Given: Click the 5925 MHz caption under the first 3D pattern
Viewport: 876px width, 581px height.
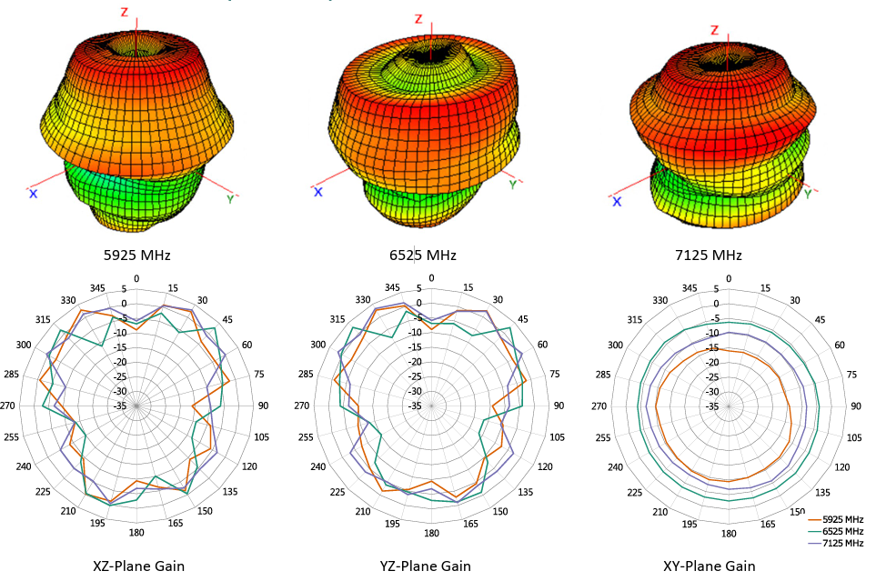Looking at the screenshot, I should click(x=138, y=255).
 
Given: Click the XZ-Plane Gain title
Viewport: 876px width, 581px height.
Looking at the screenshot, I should click(x=139, y=566).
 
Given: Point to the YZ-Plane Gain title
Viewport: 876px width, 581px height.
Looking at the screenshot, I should click(x=426, y=566).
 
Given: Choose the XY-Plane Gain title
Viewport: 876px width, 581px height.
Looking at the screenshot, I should click(x=710, y=566).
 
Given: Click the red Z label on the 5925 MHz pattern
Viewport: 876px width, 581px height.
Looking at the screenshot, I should click(x=125, y=12).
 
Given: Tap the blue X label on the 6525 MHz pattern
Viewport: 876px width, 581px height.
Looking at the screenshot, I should click(x=318, y=191).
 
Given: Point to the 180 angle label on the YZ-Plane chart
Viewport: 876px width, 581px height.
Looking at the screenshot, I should click(x=431, y=533).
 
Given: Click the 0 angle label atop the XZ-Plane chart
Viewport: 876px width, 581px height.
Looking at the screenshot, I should click(x=136, y=278).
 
